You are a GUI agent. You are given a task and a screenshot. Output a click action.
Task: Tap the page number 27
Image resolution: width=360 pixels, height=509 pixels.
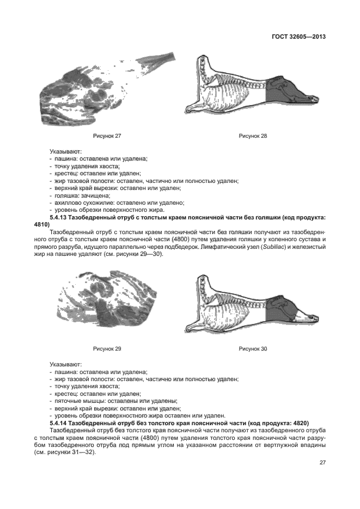pyautogui.click(x=322, y=463)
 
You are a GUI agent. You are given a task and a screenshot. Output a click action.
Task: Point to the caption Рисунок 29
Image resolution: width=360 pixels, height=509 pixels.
pyautogui.click(x=107, y=349)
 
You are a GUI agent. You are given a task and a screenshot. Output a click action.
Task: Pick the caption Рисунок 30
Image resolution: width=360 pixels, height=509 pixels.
pyautogui.click(x=253, y=349)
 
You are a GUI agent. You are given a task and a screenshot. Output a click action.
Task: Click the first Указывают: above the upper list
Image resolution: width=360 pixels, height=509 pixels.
pyautogui.click(x=65, y=151)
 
